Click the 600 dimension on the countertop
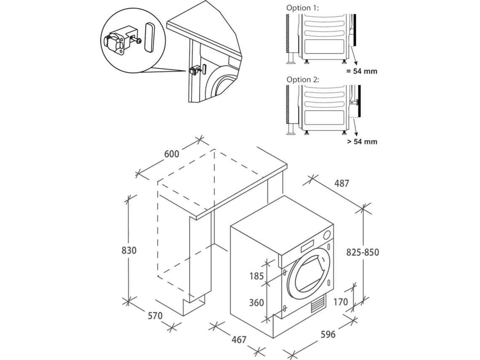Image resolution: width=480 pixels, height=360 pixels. pyautogui.click(x=171, y=154)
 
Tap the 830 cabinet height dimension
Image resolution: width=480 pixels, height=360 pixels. pyautogui.click(x=129, y=250)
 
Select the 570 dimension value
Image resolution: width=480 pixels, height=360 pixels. pyautogui.click(x=155, y=315)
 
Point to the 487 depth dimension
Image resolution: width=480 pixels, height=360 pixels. pyautogui.click(x=341, y=183)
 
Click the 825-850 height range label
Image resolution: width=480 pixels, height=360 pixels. pyautogui.click(x=363, y=252)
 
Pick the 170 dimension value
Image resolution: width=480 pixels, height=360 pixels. pyautogui.click(x=341, y=302)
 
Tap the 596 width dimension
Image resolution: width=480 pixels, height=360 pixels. pyautogui.click(x=328, y=334)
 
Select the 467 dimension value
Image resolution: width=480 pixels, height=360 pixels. pyautogui.click(x=238, y=339)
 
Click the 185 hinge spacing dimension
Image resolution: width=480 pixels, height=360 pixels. pyautogui.click(x=256, y=276)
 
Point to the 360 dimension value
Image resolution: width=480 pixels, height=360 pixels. pyautogui.click(x=256, y=303)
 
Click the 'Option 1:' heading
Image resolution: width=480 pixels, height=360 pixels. pyautogui.click(x=303, y=8)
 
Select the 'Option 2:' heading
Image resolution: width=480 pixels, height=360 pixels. pyautogui.click(x=303, y=79)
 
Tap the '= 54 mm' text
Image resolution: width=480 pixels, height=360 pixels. pyautogui.click(x=362, y=71)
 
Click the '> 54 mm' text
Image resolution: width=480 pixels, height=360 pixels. pyautogui.click(x=362, y=141)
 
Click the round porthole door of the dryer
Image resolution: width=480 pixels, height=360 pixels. pyautogui.click(x=311, y=272)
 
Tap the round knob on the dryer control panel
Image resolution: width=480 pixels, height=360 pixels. pyautogui.click(x=328, y=235)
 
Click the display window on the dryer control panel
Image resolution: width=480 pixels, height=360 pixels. pyautogui.click(x=309, y=245)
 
